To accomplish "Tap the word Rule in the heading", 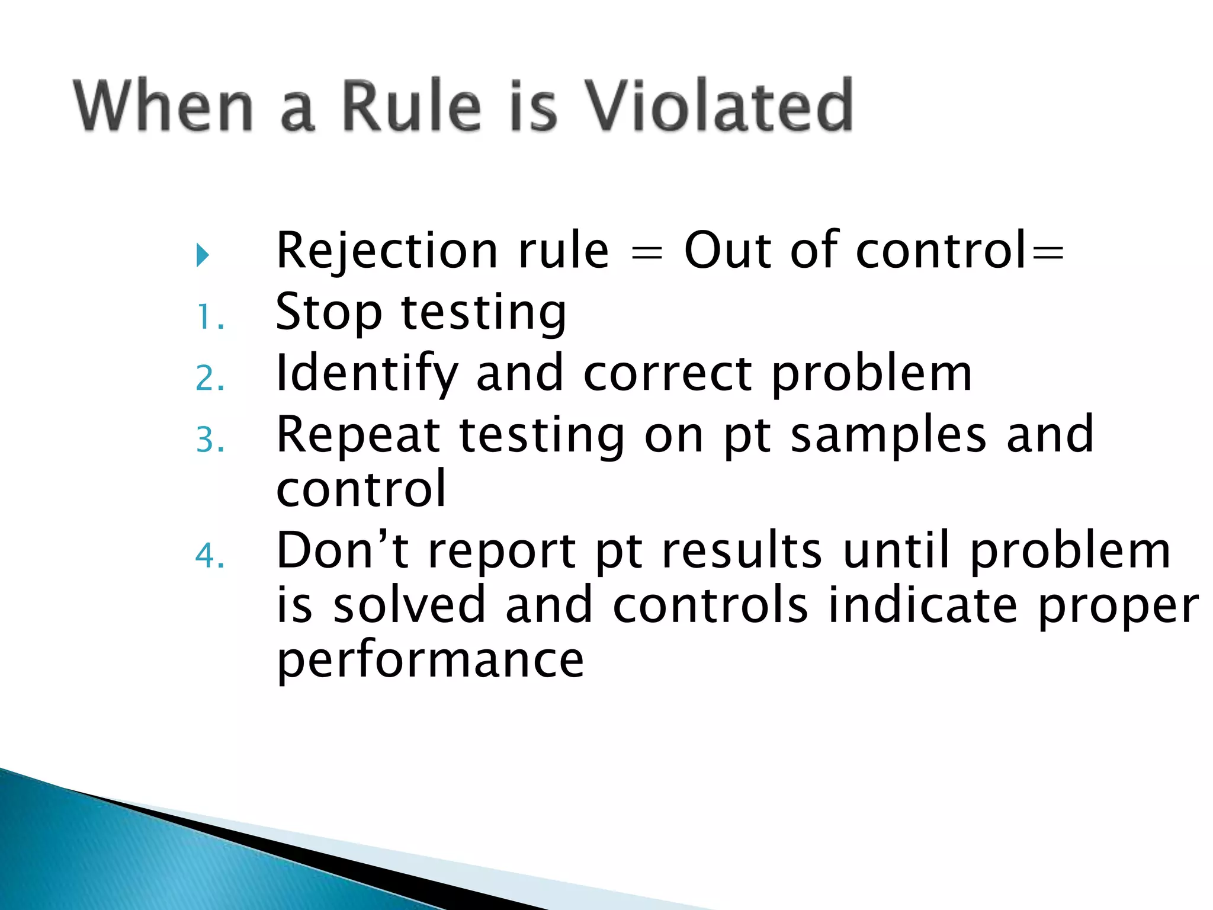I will coord(411,107).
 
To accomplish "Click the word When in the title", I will coord(163,107).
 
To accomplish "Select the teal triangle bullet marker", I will coord(203,255).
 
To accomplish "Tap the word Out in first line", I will coord(727,251).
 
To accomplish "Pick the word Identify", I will coord(367,374).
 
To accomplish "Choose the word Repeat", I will coord(358,436).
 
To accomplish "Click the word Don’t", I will coord(342,551).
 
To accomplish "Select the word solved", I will coord(409,605).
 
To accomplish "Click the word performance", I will coord(431,661).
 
